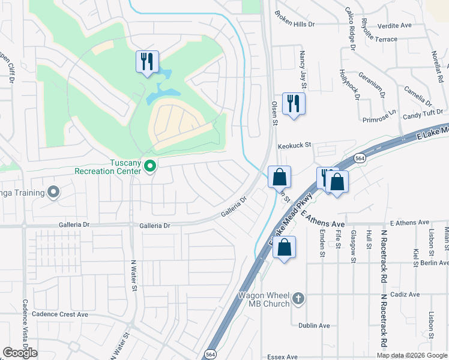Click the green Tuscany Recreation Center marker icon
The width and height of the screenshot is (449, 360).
click(x=150, y=166)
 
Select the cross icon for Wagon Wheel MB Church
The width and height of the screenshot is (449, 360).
click(x=298, y=298)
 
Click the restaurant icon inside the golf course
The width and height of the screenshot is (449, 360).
click(x=147, y=61)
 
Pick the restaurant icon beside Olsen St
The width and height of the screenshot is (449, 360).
click(x=294, y=103)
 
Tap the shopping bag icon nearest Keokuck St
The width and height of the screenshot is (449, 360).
click(x=279, y=177)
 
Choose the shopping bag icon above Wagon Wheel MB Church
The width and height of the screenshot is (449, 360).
click(x=285, y=247)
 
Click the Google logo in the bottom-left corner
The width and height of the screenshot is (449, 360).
click(x=20, y=353)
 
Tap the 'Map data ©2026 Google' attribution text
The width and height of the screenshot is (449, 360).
click(x=412, y=355)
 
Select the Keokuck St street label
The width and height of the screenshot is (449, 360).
click(x=295, y=145)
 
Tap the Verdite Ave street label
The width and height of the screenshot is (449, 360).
click(x=394, y=26)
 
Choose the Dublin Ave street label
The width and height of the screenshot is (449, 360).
click(x=314, y=326)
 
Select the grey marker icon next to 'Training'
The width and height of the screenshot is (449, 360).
click(x=53, y=192)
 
